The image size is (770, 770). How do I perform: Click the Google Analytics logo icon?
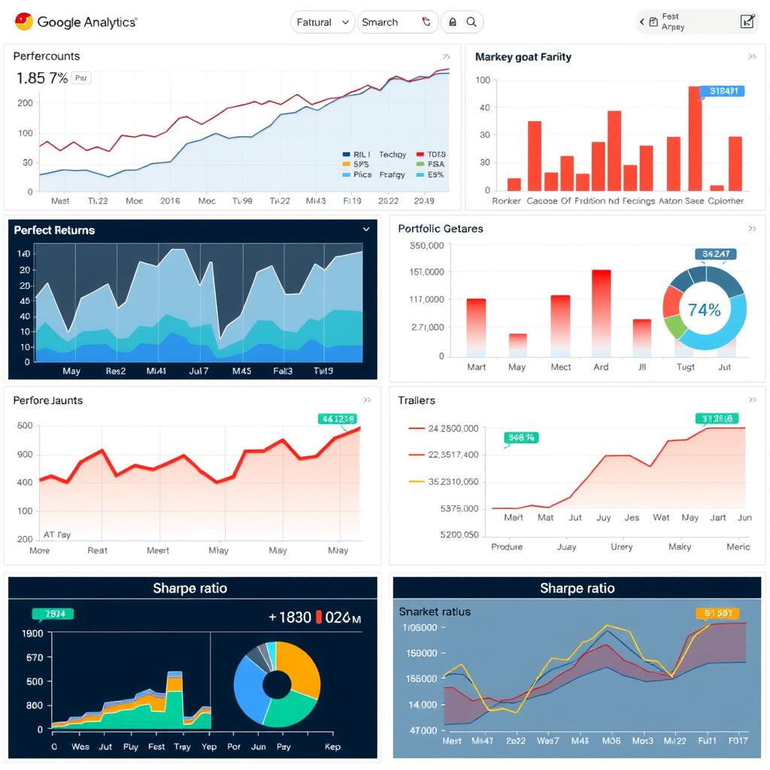click(23, 22)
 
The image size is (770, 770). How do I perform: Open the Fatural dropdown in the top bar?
click(323, 23)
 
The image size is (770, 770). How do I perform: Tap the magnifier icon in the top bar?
click(471, 23)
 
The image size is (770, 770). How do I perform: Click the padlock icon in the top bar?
click(452, 23)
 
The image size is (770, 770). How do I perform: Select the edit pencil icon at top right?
click(747, 22)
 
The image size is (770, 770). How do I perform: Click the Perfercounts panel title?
click(47, 56)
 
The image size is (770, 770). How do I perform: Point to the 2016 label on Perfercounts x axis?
click(170, 201)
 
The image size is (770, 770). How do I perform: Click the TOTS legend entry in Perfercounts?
click(430, 154)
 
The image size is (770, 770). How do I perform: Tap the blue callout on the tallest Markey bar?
click(721, 91)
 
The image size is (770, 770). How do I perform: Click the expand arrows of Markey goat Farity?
click(752, 57)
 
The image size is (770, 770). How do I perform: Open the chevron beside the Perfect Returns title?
click(366, 229)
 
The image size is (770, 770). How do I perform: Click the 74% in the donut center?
click(704, 310)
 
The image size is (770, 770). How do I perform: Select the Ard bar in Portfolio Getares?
click(601, 312)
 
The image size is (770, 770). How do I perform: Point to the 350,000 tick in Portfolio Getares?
click(426, 246)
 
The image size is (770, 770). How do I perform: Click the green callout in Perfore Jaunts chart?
click(338, 419)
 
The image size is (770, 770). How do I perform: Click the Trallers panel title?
click(417, 401)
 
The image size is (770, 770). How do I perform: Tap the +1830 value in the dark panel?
click(290, 617)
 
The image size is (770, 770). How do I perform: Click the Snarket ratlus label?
click(435, 611)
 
